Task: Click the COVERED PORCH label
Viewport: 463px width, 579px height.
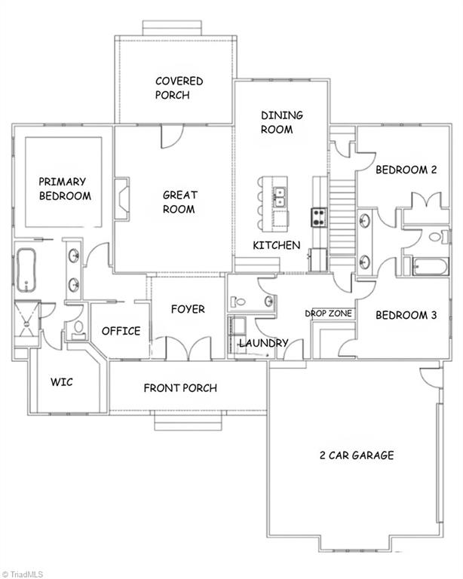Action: (179, 88)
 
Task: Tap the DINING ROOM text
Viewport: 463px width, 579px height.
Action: (281, 122)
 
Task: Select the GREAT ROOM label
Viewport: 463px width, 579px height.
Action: (179, 202)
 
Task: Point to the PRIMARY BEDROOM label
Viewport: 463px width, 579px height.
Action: (64, 188)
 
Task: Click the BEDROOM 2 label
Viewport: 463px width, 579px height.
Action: (406, 170)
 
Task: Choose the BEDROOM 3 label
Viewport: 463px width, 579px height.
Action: (406, 315)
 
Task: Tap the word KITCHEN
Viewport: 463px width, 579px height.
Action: (276, 245)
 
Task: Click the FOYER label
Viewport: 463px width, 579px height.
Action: (187, 309)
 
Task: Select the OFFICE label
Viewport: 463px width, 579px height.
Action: (121, 331)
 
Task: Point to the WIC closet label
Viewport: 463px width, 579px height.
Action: (62, 381)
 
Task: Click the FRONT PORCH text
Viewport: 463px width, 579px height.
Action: (180, 388)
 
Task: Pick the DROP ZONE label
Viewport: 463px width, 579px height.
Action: (328, 313)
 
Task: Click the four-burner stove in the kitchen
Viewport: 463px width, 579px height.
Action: (319, 218)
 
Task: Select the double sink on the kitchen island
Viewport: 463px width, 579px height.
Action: (279, 198)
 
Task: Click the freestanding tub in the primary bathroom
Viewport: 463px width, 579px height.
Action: (26, 269)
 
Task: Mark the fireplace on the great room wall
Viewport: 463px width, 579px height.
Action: (121, 198)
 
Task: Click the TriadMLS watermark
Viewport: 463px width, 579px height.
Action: (23, 573)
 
